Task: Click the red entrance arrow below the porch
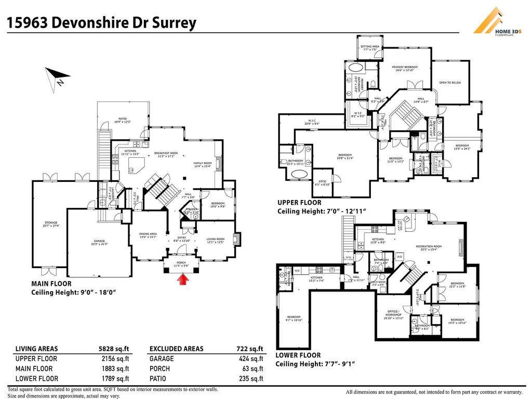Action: (x=182, y=280)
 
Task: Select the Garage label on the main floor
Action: (x=99, y=242)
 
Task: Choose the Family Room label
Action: (x=203, y=164)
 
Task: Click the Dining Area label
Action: (x=148, y=235)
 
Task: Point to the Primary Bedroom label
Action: (x=405, y=68)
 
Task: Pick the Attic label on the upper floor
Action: (x=322, y=182)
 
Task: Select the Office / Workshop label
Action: (x=392, y=313)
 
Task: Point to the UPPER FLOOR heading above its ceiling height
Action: (x=299, y=203)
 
